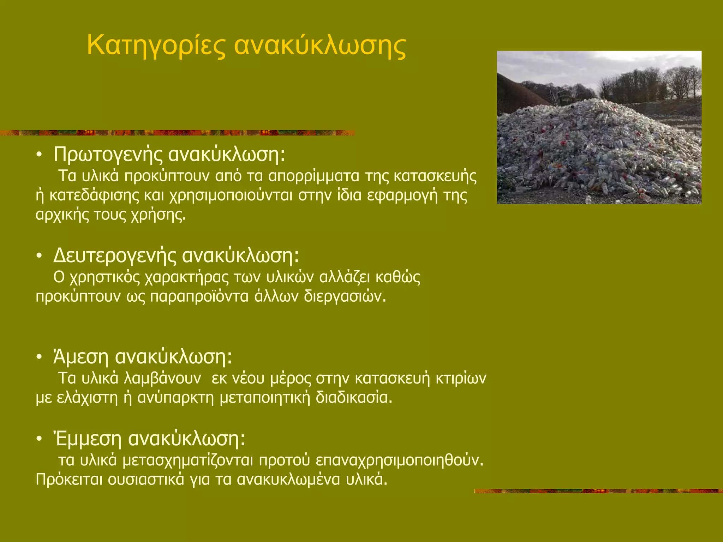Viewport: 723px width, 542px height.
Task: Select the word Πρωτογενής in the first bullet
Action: [108, 155]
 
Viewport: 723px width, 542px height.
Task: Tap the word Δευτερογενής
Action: [114, 255]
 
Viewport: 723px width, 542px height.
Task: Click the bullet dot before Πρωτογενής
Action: [39, 155]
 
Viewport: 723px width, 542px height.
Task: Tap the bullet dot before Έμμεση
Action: [39, 439]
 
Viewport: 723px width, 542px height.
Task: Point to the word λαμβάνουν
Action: [163, 378]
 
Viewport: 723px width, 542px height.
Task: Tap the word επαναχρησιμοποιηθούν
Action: [399, 460]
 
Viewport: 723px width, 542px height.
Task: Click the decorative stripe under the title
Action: [177, 133]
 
